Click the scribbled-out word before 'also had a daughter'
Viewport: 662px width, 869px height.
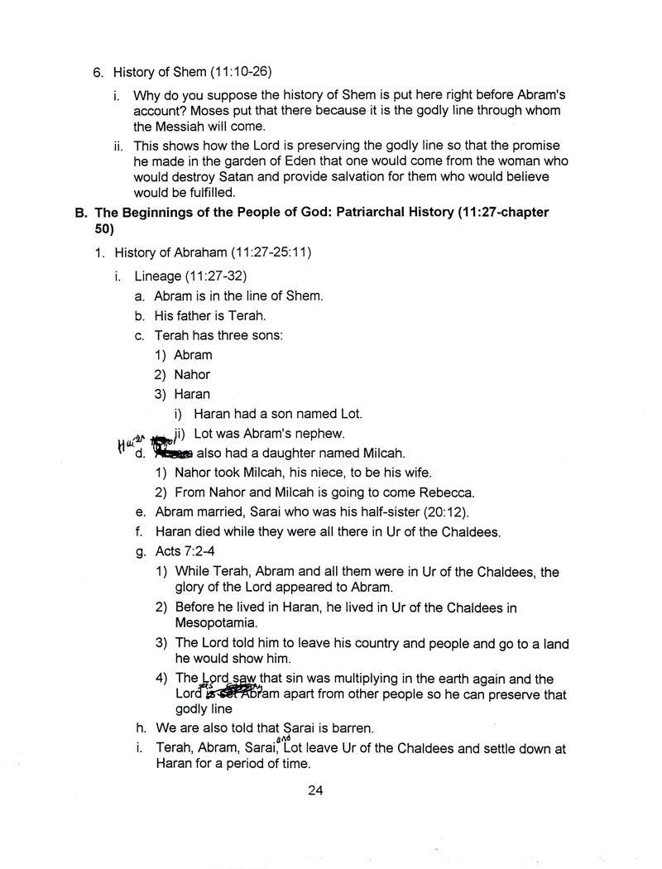pyautogui.click(x=174, y=454)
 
